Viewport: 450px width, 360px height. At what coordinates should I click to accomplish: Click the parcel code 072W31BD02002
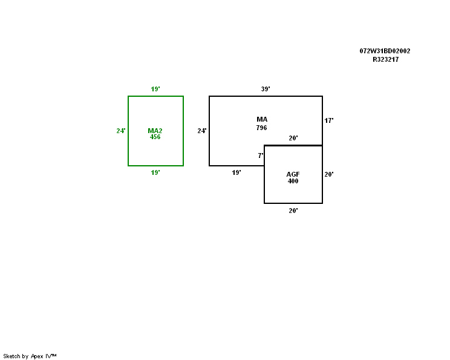[385, 51]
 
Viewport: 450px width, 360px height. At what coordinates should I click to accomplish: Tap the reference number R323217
[385, 59]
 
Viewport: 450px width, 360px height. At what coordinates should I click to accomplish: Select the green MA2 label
[155, 131]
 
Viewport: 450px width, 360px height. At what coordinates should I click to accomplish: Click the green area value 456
[155, 137]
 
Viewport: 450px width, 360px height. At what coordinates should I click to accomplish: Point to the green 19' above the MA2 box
[155, 90]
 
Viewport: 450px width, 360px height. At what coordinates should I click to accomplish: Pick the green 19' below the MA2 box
[155, 172]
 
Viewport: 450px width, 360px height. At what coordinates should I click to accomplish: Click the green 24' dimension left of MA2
[121, 131]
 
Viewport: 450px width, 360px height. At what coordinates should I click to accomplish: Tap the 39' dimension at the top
[266, 90]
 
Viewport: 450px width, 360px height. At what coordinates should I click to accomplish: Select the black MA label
[262, 119]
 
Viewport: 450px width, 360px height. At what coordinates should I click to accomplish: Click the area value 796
[261, 128]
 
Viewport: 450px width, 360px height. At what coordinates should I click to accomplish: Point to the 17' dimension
[329, 121]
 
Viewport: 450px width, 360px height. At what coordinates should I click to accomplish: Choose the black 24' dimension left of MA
[202, 131]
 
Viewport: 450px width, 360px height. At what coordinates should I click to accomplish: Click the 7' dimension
[260, 155]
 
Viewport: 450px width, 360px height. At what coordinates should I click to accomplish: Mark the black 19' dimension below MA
[236, 172]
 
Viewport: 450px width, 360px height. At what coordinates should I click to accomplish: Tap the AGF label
[293, 174]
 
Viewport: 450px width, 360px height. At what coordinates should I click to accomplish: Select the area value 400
[293, 181]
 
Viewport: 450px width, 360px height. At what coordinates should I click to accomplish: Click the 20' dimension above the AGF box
[293, 139]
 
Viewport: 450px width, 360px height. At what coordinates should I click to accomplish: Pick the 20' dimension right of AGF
[329, 174]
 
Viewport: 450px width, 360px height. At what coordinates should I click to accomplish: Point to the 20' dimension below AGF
[293, 211]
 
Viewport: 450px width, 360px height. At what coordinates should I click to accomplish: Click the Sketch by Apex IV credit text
[30, 356]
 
